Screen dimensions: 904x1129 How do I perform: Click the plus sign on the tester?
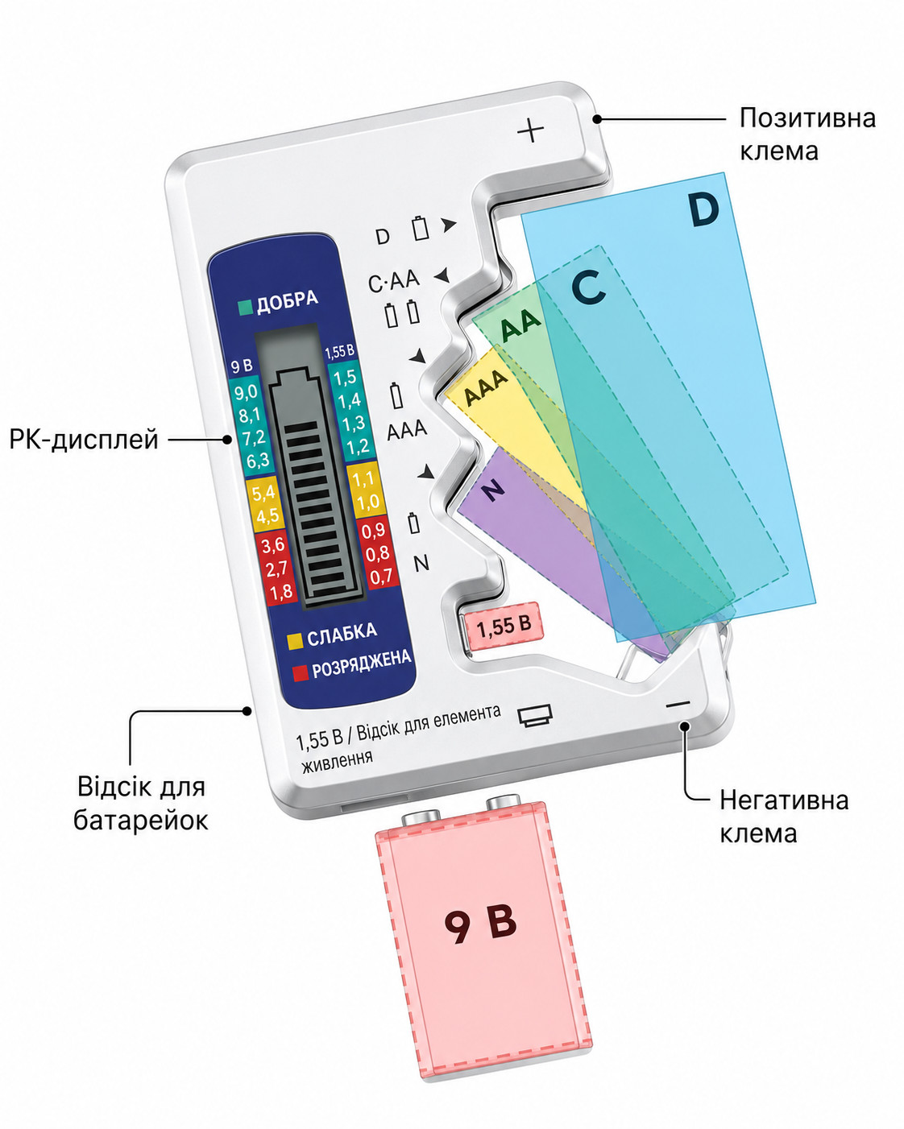click(x=530, y=130)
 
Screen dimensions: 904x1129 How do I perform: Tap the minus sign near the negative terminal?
click(x=678, y=704)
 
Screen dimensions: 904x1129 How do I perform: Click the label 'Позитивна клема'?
click(x=807, y=134)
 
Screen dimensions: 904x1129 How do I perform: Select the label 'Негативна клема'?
click(x=784, y=817)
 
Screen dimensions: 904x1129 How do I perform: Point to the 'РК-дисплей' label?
click(x=84, y=439)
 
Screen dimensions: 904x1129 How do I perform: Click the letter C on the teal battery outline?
click(x=588, y=287)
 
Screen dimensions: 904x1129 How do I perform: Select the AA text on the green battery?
click(x=520, y=325)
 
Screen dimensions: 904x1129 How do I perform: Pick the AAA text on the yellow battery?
click(x=486, y=387)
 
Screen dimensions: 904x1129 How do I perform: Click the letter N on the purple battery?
click(x=493, y=490)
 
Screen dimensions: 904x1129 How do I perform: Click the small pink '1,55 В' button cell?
click(x=503, y=626)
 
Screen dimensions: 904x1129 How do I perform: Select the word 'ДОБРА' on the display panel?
click(x=287, y=301)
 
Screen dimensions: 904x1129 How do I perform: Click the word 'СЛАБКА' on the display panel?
click(x=342, y=634)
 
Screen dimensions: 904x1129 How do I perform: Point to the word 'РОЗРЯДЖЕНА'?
click(x=361, y=664)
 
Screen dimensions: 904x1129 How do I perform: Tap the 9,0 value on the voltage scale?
click(x=247, y=393)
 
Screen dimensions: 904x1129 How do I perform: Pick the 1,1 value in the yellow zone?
click(x=363, y=478)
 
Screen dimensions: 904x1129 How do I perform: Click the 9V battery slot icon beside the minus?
click(x=535, y=716)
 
